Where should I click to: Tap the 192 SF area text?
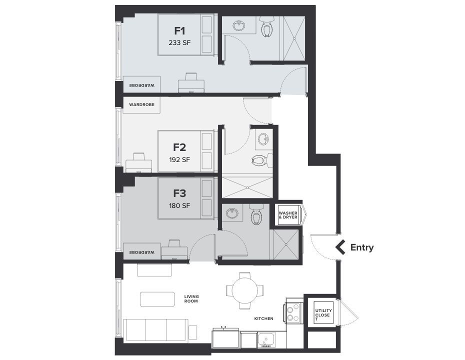[179, 160]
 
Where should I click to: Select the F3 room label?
[179, 192]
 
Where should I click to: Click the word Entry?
[362, 247]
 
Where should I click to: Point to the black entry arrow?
[341, 247]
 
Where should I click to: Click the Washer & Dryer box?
[288, 215]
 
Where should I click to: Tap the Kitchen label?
[263, 318]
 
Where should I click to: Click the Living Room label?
[191, 298]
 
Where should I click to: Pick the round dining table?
[245, 289]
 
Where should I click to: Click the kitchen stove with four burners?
[293, 312]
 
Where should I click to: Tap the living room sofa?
[156, 330]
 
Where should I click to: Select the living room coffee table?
[157, 299]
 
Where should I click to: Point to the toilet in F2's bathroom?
[260, 160]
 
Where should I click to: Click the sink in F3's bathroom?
[231, 214]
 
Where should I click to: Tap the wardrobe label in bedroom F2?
[141, 105]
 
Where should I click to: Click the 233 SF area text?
[179, 43]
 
